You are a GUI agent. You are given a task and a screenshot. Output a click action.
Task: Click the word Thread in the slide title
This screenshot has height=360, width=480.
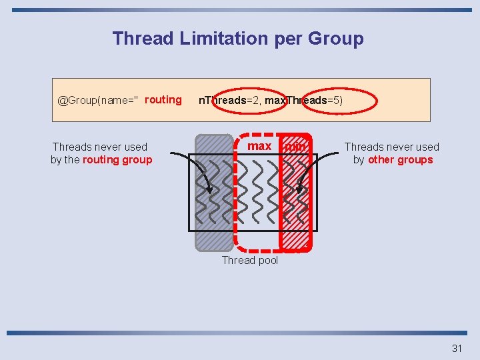click(x=143, y=39)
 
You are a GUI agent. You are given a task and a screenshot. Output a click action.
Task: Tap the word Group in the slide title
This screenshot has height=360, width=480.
click(x=335, y=39)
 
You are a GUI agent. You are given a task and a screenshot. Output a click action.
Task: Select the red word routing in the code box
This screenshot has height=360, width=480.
click(x=163, y=100)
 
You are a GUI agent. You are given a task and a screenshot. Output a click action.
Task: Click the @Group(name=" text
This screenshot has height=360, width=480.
click(x=98, y=101)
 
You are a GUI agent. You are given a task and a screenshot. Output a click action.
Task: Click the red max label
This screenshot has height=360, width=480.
click(x=259, y=146)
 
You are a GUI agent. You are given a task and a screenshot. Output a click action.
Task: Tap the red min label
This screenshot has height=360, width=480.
click(x=295, y=146)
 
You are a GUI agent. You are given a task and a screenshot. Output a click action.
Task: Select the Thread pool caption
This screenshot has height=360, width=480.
click(x=249, y=261)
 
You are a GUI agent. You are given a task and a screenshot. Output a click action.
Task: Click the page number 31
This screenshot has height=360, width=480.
click(x=457, y=348)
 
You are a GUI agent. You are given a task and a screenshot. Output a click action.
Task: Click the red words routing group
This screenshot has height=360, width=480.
click(x=117, y=160)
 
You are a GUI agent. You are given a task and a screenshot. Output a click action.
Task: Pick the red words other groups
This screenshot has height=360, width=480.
click(x=400, y=160)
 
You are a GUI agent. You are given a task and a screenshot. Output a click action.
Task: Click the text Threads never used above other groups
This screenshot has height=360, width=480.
click(x=391, y=147)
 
